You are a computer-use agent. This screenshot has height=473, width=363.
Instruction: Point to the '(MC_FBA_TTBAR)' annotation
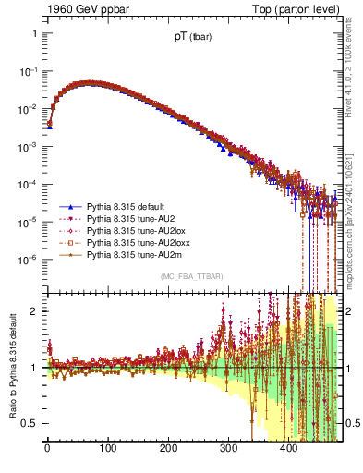pyautogui.click(x=190, y=277)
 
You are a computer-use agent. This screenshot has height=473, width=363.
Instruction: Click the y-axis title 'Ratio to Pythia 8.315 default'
pyautogui.click(x=12, y=368)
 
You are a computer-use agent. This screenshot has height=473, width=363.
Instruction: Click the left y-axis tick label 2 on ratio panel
pyautogui.click(x=34, y=311)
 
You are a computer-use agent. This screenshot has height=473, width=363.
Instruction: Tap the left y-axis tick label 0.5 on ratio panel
pyautogui.click(x=30, y=423)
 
